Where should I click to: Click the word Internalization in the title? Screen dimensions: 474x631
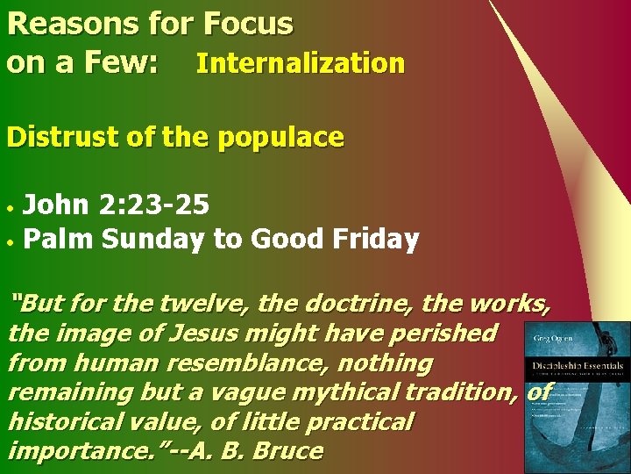click(300, 64)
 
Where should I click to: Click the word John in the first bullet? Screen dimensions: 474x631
click(54, 205)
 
